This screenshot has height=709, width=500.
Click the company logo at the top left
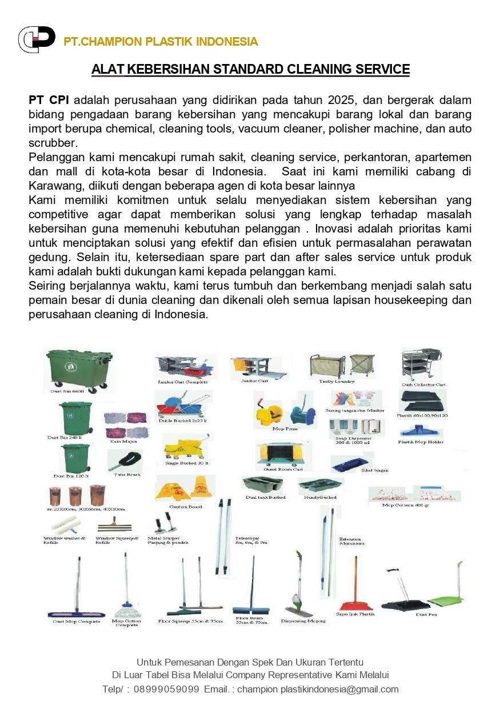[x=37, y=39]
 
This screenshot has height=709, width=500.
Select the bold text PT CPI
[x=49, y=101]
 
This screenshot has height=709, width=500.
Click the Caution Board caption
[x=185, y=507]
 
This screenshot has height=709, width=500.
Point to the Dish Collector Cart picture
[x=422, y=366]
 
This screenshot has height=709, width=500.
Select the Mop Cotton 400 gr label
[x=406, y=505]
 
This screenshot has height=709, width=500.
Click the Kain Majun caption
[x=123, y=441]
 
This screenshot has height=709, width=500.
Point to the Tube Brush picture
[x=126, y=459]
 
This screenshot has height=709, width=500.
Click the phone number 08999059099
[x=166, y=689]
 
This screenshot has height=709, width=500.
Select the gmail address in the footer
[x=318, y=689]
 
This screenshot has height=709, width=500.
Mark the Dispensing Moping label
[x=303, y=621]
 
